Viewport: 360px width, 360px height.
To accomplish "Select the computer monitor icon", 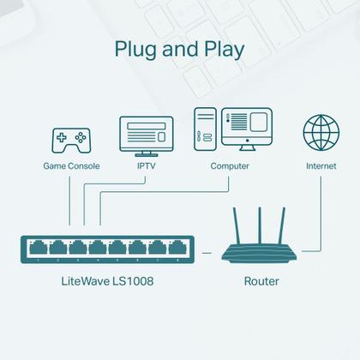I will [246, 129].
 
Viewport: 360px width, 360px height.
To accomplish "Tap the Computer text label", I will [230, 165].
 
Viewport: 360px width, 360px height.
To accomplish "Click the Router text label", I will [261, 280].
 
